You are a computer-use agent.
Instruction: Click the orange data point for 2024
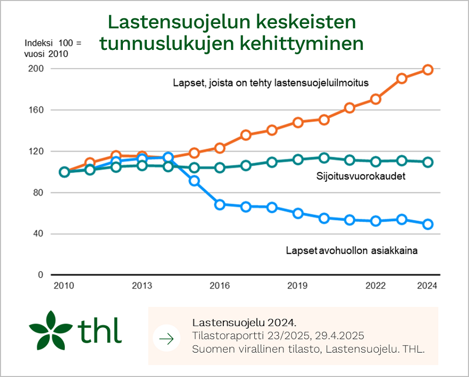tap(428, 70)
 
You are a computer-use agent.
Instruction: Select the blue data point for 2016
tap(220, 205)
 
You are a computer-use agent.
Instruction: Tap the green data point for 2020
tap(324, 157)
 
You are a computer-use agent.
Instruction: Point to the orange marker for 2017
tap(246, 135)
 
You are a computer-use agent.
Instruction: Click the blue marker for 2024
tap(428, 224)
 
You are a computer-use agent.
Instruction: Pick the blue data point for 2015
tap(194, 181)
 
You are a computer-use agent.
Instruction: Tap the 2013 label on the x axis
tap(142, 286)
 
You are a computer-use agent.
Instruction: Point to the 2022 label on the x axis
tap(376, 286)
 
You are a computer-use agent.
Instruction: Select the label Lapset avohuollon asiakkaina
tap(352, 251)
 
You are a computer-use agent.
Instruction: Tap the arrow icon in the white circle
tap(167, 339)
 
